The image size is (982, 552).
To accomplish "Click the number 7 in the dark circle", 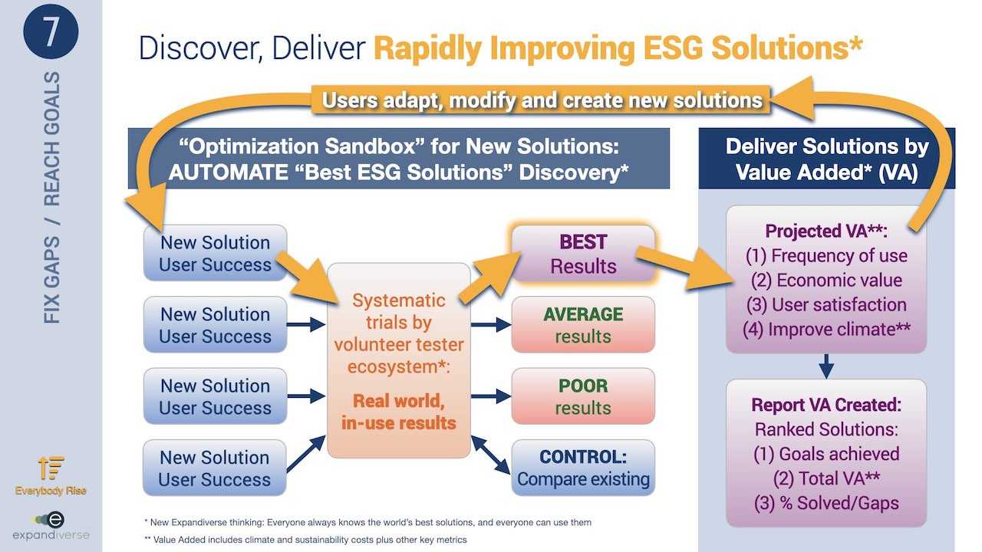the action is tap(51, 31).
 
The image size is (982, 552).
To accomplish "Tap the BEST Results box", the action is tap(583, 254).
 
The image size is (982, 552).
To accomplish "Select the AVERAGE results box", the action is tap(583, 324).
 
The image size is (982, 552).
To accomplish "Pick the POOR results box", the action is tap(583, 396).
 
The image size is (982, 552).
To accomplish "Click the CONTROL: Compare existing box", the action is tap(583, 468).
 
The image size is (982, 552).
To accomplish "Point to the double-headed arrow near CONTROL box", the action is tap(490, 455).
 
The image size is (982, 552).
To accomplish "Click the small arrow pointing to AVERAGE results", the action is tap(491, 324).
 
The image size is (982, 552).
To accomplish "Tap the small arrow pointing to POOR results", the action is tap(491, 396).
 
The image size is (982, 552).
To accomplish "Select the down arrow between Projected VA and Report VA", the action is tap(826, 366).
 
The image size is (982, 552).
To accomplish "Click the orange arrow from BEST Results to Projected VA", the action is tap(684, 267).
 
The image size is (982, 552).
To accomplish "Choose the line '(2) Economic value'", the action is tap(826, 281).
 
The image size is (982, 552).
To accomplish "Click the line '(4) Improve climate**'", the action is tap(826, 330).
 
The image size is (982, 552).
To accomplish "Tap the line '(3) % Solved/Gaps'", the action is tap(826, 503).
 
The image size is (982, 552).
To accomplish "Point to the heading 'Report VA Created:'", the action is tap(826, 405).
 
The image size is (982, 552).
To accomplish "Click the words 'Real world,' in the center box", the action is tap(398, 401).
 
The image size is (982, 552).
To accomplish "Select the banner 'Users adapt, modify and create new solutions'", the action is tap(541, 100).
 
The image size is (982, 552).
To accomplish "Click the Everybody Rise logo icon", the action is tap(51, 468).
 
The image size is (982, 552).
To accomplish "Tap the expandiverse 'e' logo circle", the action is tap(55, 520).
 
